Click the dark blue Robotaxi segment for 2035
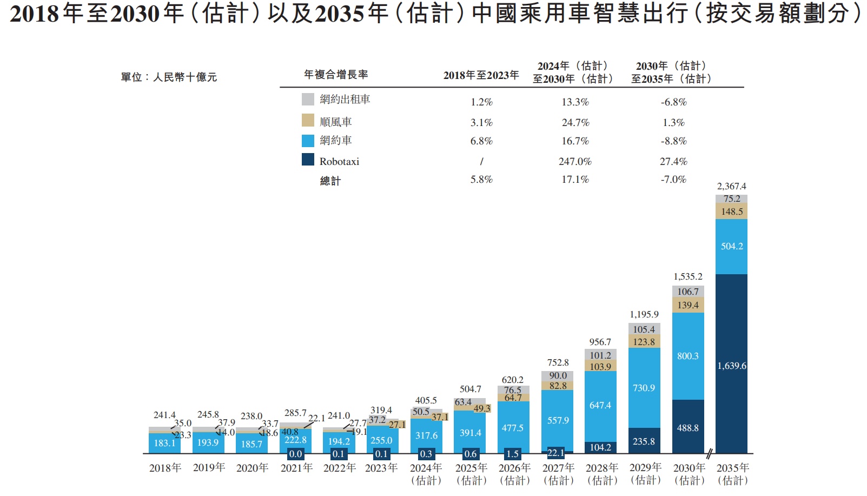click(731, 363)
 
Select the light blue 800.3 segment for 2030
click(688, 356)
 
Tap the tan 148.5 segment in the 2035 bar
click(731, 211)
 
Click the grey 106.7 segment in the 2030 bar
click(688, 292)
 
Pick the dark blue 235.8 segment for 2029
click(644, 441)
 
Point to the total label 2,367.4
click(731, 186)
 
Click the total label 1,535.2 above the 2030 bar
click(688, 276)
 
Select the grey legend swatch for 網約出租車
click(308, 99)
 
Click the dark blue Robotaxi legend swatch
click(308, 160)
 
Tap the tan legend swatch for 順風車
click(308, 120)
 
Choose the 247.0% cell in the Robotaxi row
click(575, 161)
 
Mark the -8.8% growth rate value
click(673, 141)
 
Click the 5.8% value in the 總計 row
click(481, 180)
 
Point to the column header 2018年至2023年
click(481, 75)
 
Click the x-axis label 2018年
click(165, 468)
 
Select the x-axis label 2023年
click(381, 468)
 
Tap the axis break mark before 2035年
click(709, 453)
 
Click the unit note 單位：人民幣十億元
click(169, 77)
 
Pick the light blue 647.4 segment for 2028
click(600, 405)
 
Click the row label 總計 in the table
click(330, 181)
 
